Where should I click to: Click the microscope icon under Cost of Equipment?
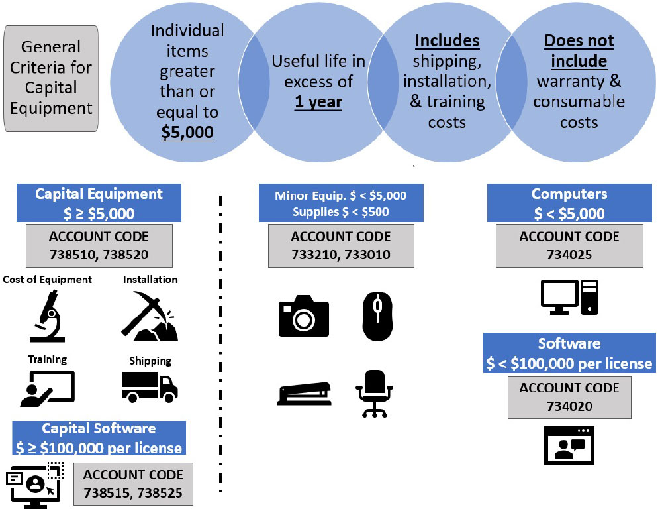47,316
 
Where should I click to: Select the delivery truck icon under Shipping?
150,386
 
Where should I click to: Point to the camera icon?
303,317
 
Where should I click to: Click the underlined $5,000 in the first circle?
187,131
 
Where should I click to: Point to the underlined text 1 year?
318,103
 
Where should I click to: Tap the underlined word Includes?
447,41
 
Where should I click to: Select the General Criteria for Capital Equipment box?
51,78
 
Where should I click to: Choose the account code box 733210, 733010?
340,246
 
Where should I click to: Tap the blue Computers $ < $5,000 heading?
568,203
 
